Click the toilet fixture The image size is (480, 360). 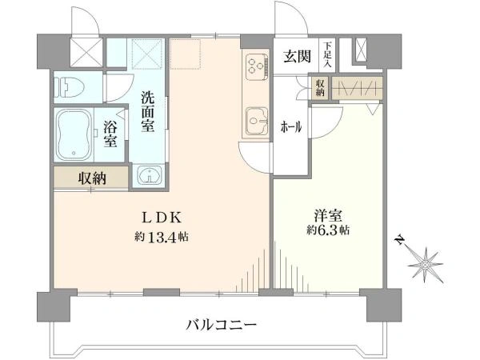click(69, 86)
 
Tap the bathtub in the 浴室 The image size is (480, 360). click(74, 135)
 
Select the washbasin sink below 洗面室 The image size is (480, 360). click(150, 175)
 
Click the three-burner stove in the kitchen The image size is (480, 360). click(256, 66)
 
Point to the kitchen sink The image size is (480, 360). click(257, 121)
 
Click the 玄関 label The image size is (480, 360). click(297, 57)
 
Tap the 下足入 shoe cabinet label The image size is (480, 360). click(327, 55)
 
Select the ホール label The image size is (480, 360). click(291, 126)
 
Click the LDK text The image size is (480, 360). click(162, 218)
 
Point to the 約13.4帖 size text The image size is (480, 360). click(162, 237)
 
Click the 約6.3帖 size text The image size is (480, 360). click(328, 230)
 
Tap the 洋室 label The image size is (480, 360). click(327, 215)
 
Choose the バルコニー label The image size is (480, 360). click(221, 324)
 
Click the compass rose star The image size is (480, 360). click(426, 265)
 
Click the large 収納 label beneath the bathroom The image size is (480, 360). click(92, 178)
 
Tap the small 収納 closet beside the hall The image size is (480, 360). click(319, 87)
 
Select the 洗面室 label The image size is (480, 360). click(147, 112)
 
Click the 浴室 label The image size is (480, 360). click(110, 134)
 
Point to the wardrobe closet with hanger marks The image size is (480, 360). click(357, 88)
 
